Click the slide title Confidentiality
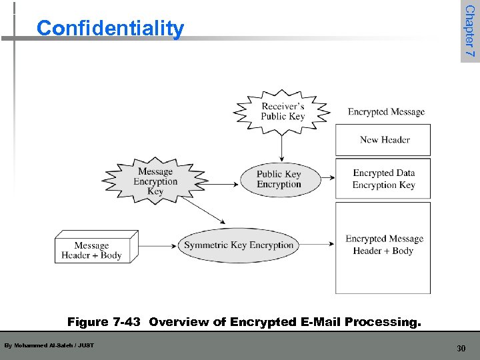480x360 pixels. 110,29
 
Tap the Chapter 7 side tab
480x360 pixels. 469,31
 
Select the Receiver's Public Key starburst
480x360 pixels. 283,111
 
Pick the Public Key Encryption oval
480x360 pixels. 279,179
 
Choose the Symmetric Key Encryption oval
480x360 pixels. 239,245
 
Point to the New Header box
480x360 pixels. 384,140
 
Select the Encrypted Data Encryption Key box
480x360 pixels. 383,179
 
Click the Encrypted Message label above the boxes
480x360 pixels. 386,112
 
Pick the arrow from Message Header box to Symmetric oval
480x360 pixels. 158,245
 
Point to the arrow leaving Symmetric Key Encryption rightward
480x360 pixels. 317,245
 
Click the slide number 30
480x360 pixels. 461,348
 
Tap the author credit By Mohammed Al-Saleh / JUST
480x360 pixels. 49,345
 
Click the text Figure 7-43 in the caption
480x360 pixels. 104,323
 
